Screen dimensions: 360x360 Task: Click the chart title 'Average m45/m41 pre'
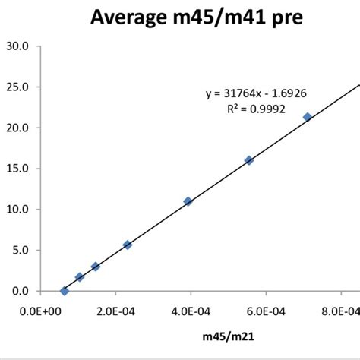(197, 16)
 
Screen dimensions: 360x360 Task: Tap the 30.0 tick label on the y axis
(17, 46)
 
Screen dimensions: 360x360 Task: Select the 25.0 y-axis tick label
(17, 87)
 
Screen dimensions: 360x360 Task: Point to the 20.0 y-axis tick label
(17, 128)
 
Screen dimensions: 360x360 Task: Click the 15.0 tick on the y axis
(17, 169)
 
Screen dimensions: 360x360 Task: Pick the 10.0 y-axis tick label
(17, 210)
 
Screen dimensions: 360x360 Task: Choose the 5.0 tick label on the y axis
(20, 251)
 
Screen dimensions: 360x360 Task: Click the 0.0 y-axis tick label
(20, 291)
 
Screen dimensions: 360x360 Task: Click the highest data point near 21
(308, 117)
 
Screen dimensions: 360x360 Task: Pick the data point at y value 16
(249, 160)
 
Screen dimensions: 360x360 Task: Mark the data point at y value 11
(188, 201)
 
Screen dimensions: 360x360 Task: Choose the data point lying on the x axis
(64, 291)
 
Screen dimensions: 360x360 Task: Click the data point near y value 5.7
(128, 245)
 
